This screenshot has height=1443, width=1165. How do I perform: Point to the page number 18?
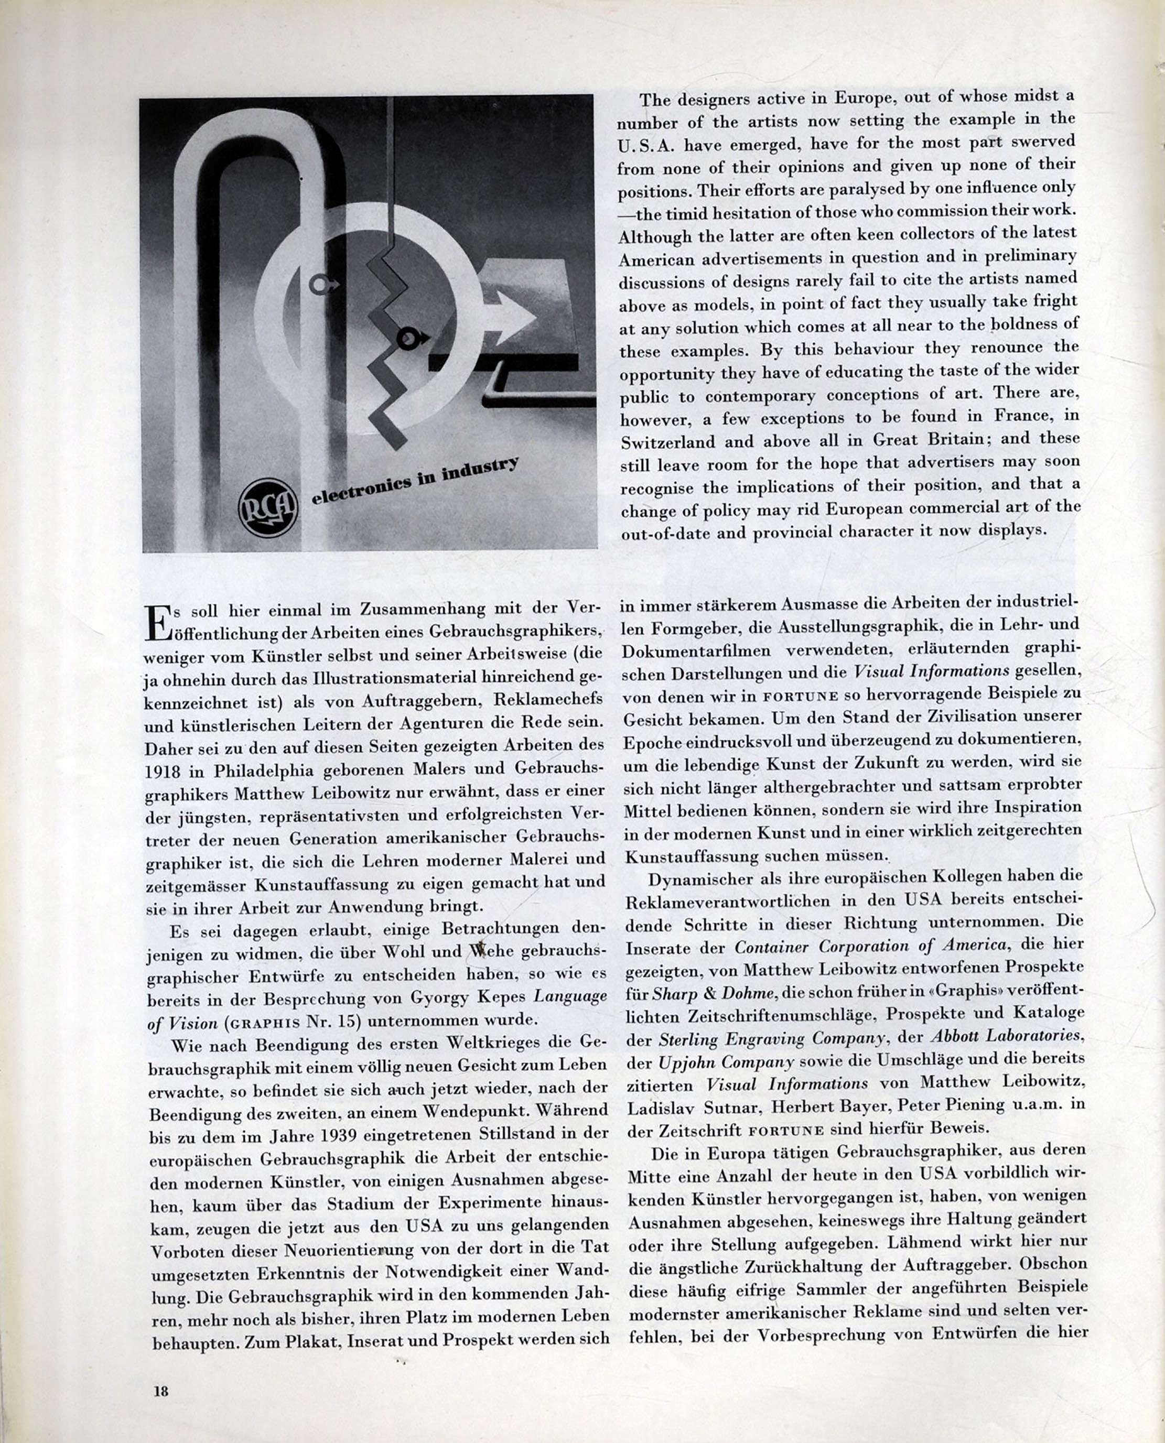160,1391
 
